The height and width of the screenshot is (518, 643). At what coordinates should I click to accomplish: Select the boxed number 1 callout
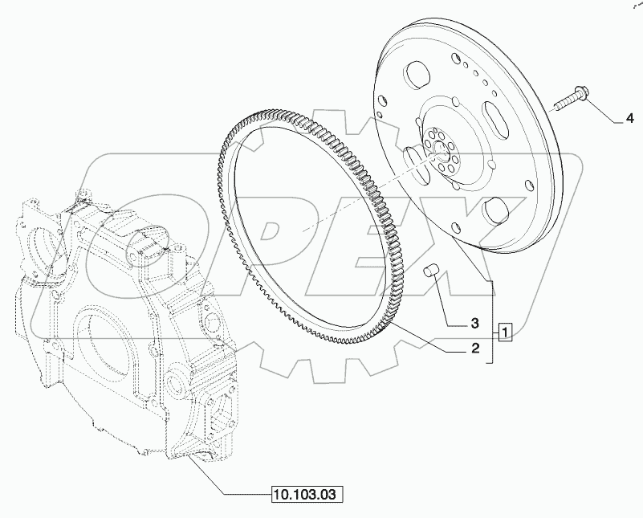coord(504,330)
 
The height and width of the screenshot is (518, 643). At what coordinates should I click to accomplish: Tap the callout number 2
coord(475,349)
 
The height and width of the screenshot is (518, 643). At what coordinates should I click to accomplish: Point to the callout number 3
coord(475,324)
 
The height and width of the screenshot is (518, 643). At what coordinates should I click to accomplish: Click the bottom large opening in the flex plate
coord(496,214)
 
